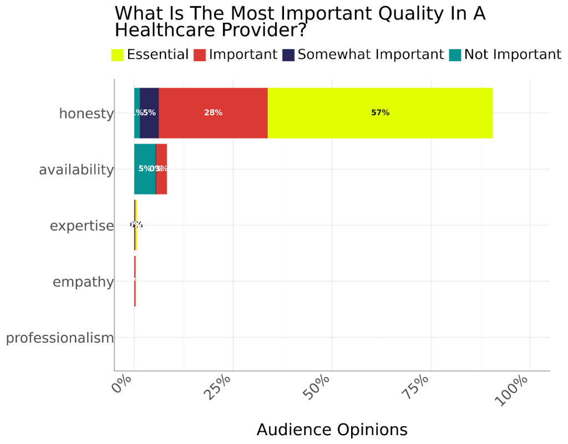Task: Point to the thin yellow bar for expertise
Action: point(136,225)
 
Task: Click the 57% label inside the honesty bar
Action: point(380,113)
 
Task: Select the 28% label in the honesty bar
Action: point(213,113)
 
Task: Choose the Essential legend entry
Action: point(150,55)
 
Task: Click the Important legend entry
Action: point(235,55)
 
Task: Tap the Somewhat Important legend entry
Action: point(363,55)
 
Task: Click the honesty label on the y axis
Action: point(86,114)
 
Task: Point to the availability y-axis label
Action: point(76,170)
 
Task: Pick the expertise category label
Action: point(82,226)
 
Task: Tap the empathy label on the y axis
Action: point(83,282)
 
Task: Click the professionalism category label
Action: point(60,338)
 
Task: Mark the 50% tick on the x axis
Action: point(317,386)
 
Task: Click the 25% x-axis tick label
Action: point(218,386)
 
